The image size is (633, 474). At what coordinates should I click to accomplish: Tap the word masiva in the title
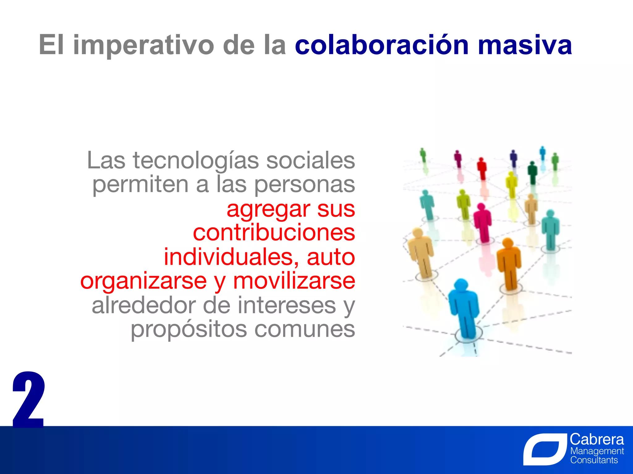pos(525,46)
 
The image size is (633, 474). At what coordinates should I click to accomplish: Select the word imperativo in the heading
pos(143,46)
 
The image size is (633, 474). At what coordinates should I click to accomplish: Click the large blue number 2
pos(28,400)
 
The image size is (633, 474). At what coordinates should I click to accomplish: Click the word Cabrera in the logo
pos(597,439)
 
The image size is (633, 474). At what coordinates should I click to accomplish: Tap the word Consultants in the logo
pos(594,460)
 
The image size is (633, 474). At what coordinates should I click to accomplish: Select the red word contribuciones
pos(274,233)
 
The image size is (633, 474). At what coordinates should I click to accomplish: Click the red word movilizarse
pos(294,281)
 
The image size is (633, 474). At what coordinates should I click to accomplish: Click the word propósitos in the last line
pos(189,329)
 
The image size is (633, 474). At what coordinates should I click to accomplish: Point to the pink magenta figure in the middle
pos(482,222)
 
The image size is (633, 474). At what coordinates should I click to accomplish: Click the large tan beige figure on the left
pos(420,252)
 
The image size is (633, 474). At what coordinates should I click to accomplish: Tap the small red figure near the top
pos(482,168)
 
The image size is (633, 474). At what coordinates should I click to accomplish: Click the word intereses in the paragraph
pos(286,306)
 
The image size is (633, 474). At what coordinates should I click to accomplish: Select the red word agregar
pos(268,209)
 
